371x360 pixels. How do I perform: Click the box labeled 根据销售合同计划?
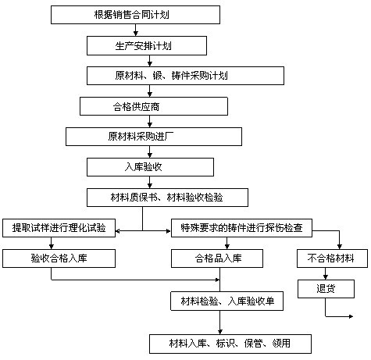(135, 15)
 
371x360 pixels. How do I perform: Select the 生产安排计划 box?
(147, 46)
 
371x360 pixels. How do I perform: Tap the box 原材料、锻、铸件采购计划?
(185, 76)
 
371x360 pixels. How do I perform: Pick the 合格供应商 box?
(154, 106)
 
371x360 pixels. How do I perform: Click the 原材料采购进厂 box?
(154, 137)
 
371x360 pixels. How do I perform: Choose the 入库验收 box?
(150, 167)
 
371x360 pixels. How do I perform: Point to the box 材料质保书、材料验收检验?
(167, 198)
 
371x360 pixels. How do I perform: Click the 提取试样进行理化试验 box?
(59, 228)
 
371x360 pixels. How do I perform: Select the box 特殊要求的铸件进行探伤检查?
(241, 228)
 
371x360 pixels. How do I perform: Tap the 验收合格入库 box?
(59, 258)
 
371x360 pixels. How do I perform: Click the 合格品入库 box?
(217, 258)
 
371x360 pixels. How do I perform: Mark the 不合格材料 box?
(332, 258)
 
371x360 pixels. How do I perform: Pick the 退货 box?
(326, 289)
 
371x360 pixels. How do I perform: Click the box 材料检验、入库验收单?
(227, 301)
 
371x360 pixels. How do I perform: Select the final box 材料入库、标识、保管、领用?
(230, 344)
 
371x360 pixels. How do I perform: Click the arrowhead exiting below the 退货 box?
(351, 316)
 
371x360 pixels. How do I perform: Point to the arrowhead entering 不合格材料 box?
(339, 247)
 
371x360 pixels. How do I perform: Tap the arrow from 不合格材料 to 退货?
(326, 273)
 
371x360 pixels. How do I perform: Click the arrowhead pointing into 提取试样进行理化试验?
(118, 231)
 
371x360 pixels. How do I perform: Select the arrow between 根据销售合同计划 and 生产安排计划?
(135, 30)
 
